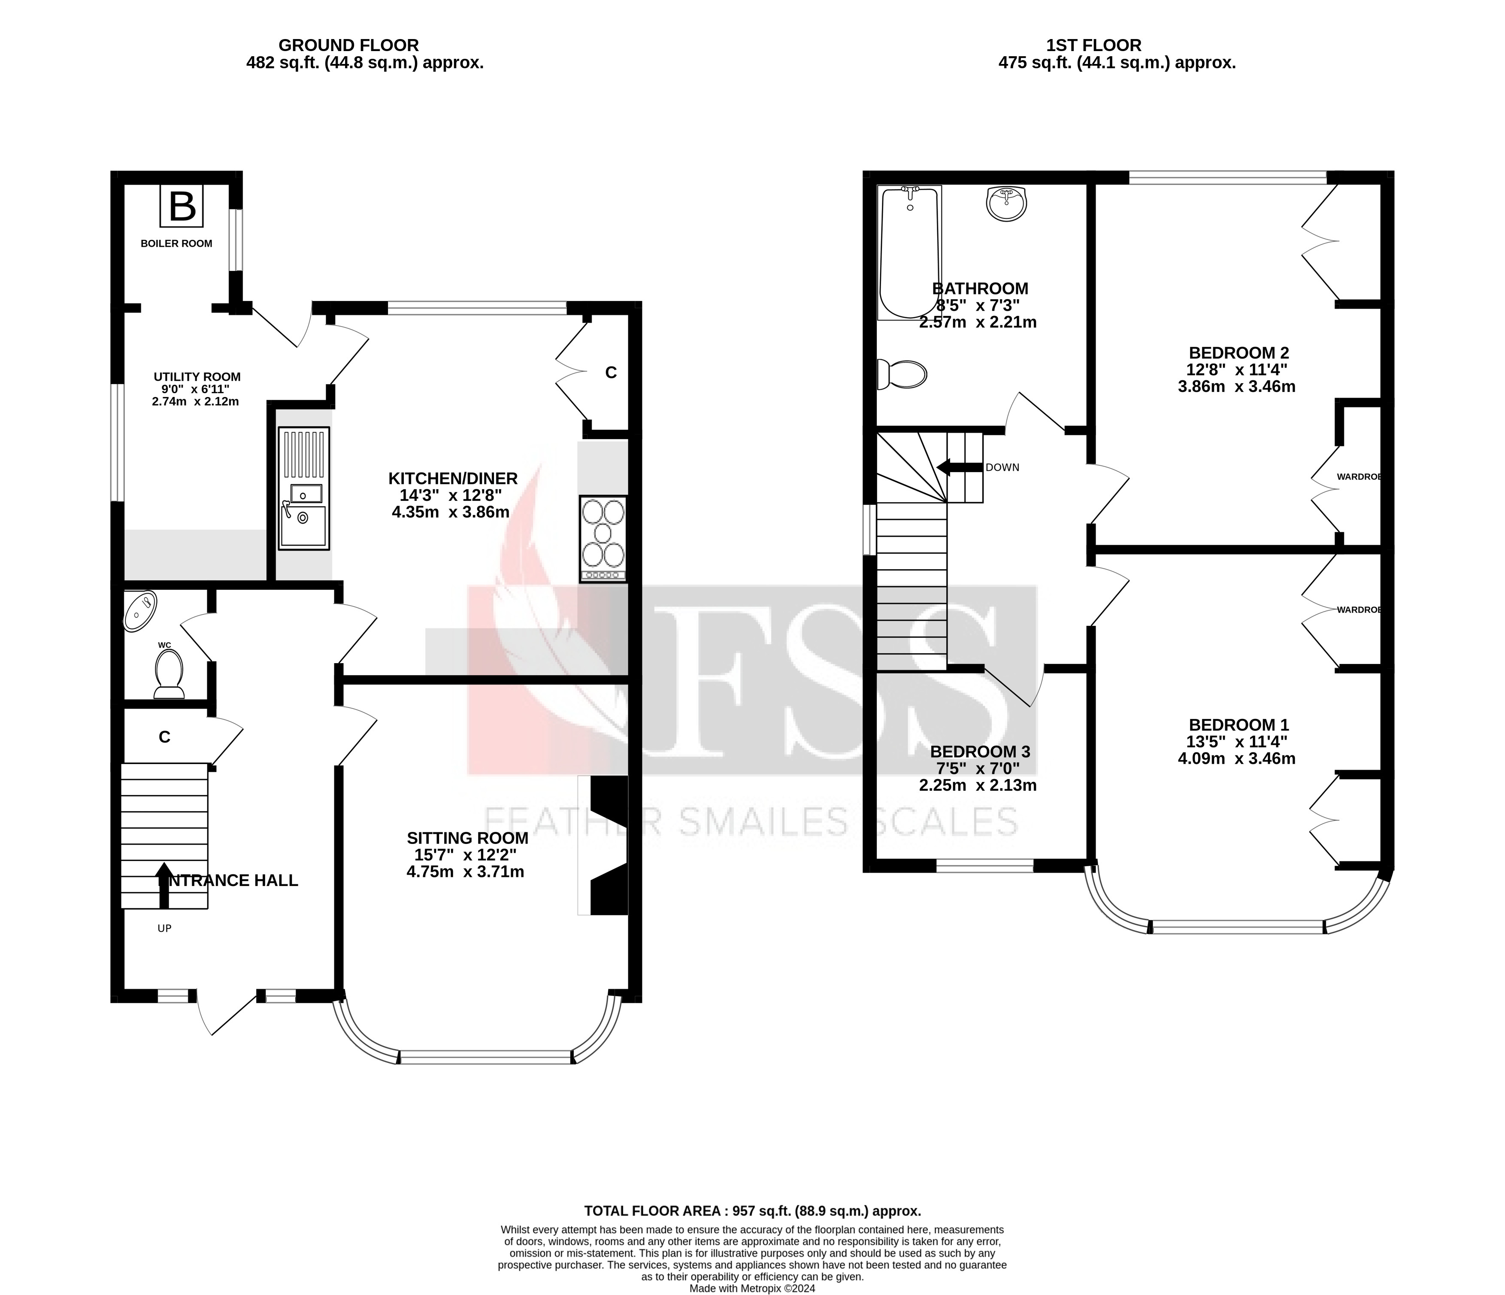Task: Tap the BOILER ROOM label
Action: pos(176,243)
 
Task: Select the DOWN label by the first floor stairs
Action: pos(1002,467)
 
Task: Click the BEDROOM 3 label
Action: pos(980,752)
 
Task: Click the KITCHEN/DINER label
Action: pos(452,478)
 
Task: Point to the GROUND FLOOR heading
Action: pos(348,46)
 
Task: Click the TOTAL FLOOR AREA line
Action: pos(753,1211)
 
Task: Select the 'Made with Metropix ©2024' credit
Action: pos(753,1289)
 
